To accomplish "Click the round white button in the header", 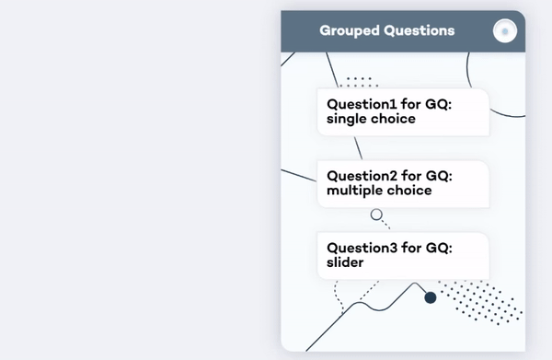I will tap(504, 31).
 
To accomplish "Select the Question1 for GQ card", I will tap(403, 111).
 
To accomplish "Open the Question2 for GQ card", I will tap(403, 183).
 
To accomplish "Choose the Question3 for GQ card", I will tap(403, 255).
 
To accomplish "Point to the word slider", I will tap(346, 262).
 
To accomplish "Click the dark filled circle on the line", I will tap(430, 296).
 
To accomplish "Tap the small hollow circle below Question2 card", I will tap(376, 215).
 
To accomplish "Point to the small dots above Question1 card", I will tap(360, 82).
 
